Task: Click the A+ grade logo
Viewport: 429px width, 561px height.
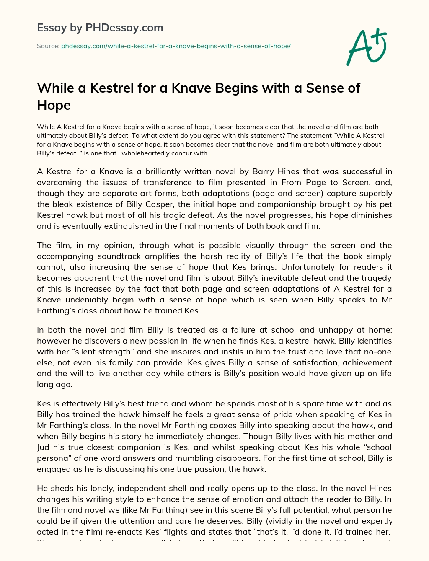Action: point(367,47)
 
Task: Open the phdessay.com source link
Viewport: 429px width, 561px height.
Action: point(176,46)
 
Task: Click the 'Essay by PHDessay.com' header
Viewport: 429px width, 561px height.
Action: point(100,28)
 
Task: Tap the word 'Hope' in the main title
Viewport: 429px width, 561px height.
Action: point(54,105)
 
